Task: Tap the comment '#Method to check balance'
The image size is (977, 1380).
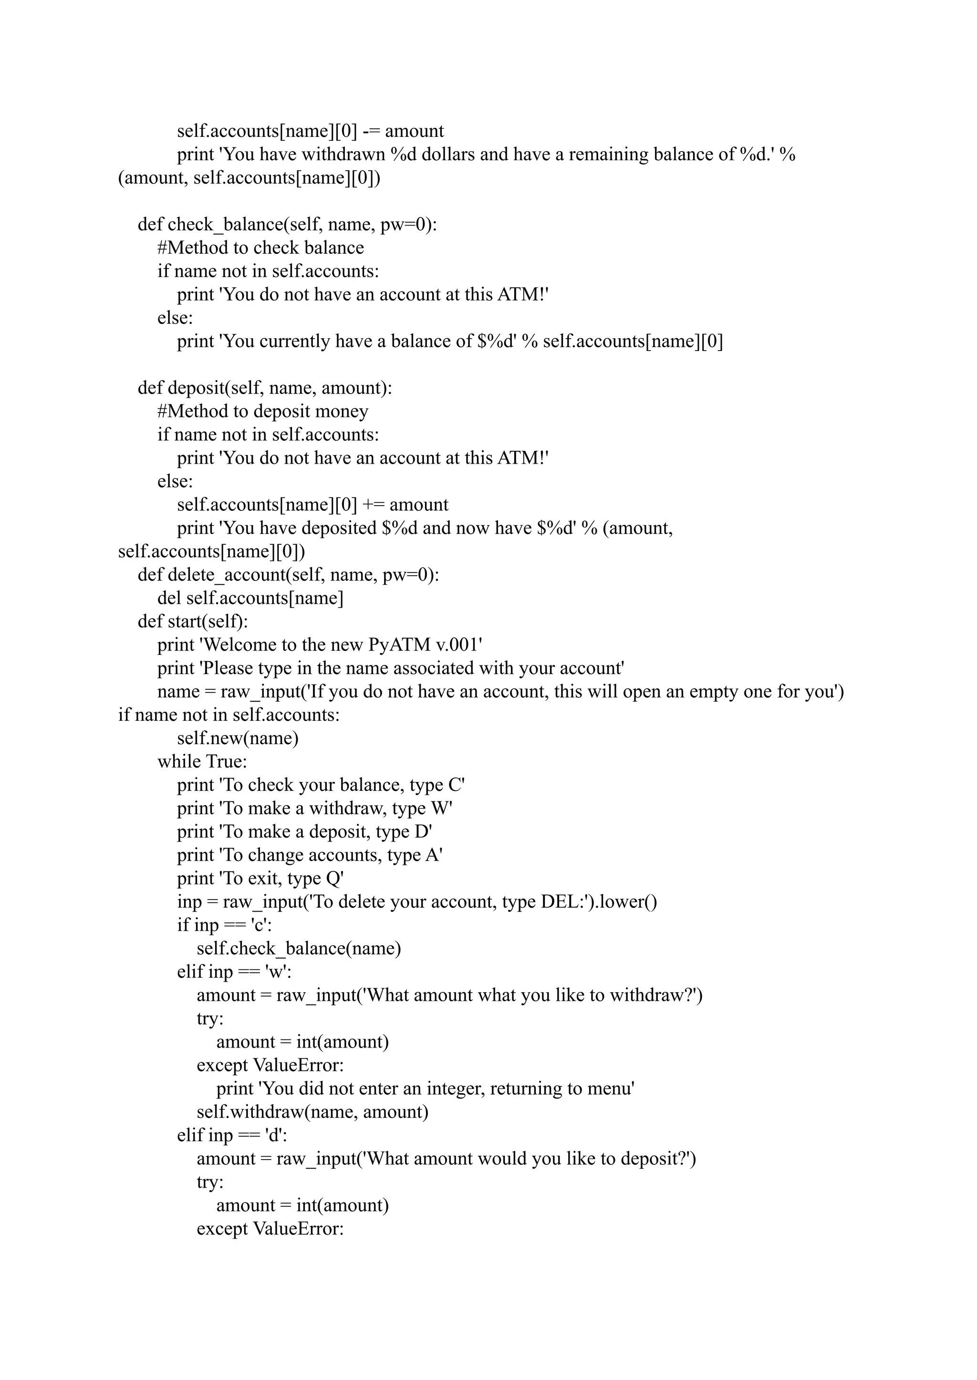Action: pos(260,248)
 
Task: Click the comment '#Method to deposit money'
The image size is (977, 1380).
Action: pos(263,412)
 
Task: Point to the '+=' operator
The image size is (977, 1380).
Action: pos(373,505)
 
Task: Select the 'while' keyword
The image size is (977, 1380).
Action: pos(179,762)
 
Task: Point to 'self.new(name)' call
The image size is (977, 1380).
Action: pos(238,738)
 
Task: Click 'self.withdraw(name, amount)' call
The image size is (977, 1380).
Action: pos(312,1112)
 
